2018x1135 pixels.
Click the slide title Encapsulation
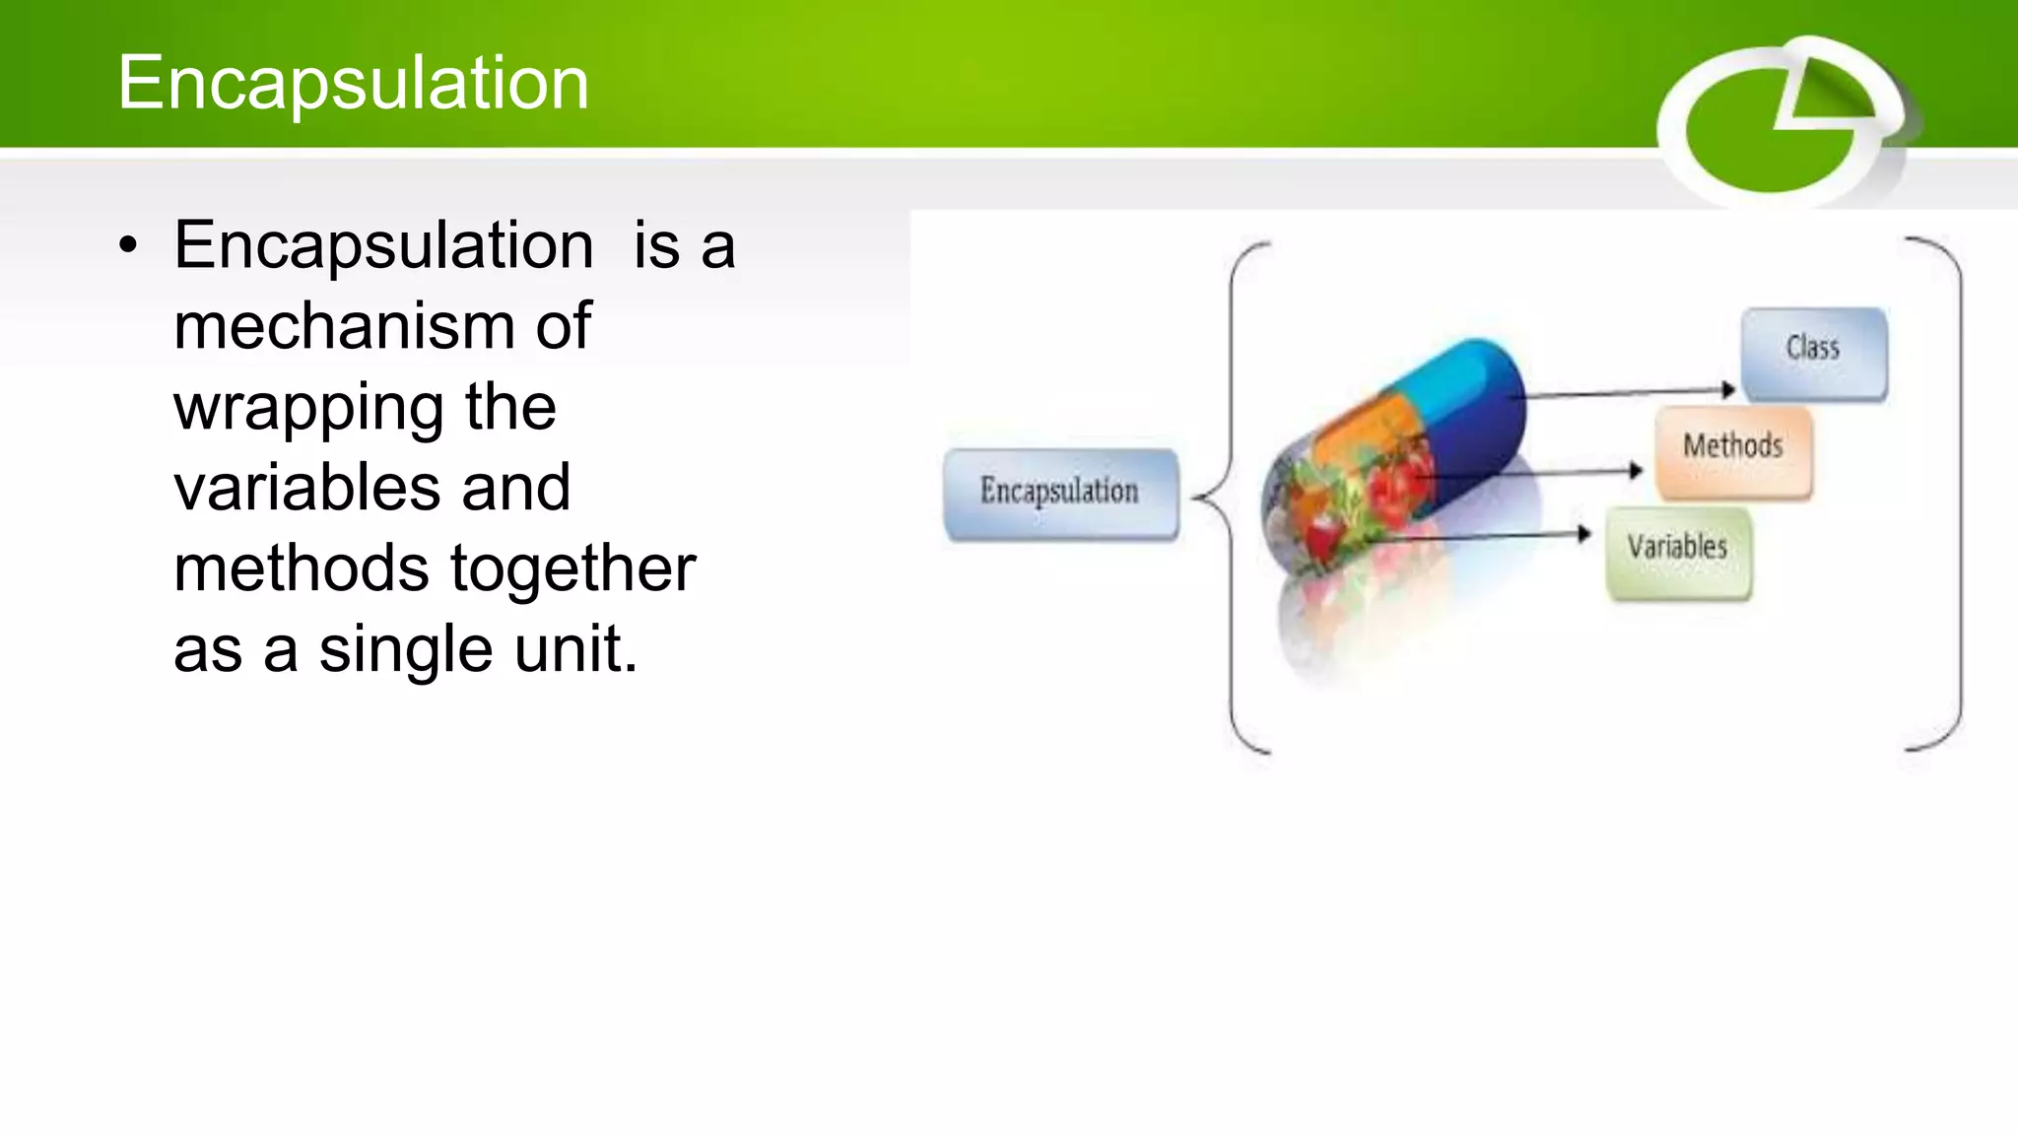[353, 83]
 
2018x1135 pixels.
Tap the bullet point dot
[128, 247]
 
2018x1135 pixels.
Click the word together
[572, 569]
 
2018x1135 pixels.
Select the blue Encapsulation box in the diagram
[1060, 492]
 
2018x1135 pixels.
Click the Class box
[1813, 353]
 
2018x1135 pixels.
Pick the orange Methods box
[1733, 450]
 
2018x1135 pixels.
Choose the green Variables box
[1678, 551]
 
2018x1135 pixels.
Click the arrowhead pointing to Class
[1728, 390]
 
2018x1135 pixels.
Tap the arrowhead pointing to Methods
[1637, 471]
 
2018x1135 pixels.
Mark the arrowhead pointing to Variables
[1584, 534]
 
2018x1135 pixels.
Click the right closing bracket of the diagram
[1959, 493]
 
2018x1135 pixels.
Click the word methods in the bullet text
[301, 569]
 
